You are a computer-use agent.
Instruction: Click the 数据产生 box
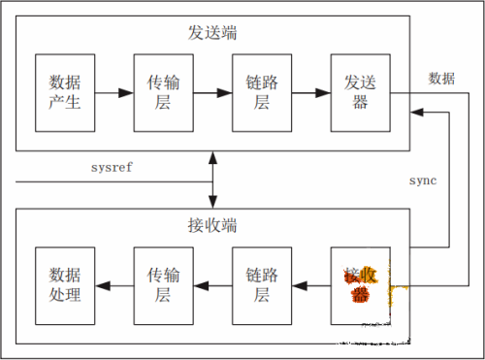click(x=65, y=93)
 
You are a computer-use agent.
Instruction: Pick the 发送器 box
click(x=360, y=93)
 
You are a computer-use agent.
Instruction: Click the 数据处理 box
click(x=65, y=285)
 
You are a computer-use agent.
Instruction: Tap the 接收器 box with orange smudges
click(x=360, y=285)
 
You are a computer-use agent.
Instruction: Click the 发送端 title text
click(x=213, y=32)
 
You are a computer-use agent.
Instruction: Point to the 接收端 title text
click(x=213, y=226)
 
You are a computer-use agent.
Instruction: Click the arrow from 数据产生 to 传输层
click(x=114, y=93)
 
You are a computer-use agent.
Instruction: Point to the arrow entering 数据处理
click(x=114, y=285)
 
